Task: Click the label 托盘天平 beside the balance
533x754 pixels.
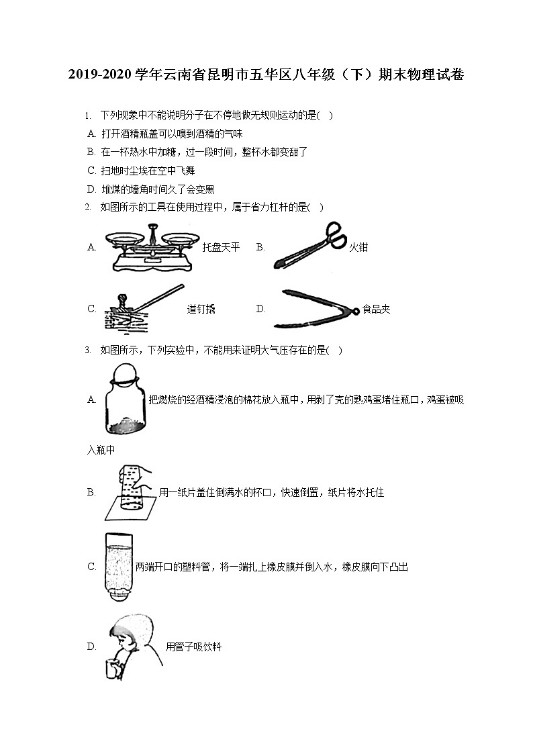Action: (221, 248)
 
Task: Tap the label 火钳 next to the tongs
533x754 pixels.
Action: (358, 248)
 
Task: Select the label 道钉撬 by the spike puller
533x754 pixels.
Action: (201, 310)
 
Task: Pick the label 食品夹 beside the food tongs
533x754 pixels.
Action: (376, 310)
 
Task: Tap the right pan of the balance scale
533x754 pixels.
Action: (179, 237)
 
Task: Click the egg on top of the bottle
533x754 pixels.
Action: (123, 373)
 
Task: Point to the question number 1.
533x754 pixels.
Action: (88, 115)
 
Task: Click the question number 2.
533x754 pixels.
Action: (88, 207)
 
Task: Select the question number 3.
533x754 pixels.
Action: (88, 350)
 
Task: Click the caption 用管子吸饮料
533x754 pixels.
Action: (193, 647)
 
